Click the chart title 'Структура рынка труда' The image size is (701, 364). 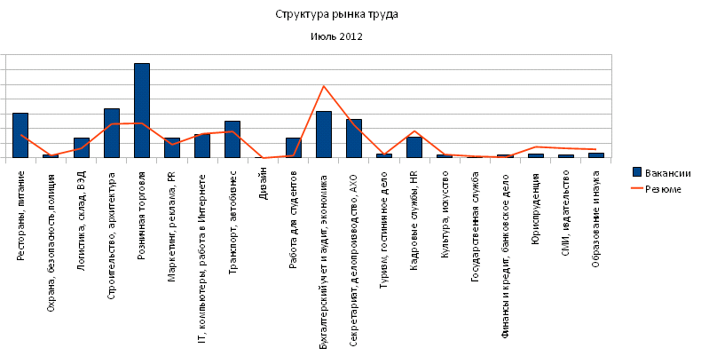click(336, 15)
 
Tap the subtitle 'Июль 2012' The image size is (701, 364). click(336, 36)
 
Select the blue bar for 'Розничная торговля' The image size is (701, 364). click(142, 110)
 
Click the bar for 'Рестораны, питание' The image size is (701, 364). click(20, 136)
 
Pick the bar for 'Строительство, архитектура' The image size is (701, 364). click(112, 133)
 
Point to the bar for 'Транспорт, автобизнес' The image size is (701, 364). click(232, 139)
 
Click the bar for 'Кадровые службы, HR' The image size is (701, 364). click(414, 147)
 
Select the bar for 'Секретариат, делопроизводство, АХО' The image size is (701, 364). click(354, 138)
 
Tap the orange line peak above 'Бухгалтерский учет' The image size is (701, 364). click(324, 86)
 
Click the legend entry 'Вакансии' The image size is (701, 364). click(662, 173)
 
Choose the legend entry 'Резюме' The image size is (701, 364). click(657, 189)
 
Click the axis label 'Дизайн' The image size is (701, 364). click(263, 184)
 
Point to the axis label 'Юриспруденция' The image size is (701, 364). click(536, 209)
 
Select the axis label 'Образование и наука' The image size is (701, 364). click(595, 219)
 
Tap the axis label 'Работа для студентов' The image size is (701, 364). click(293, 219)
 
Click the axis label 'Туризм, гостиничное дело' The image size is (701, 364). click(383, 230)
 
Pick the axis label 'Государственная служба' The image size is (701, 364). click(476, 226)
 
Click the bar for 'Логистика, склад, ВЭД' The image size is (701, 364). click(82, 148)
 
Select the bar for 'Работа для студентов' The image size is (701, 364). click(294, 148)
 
